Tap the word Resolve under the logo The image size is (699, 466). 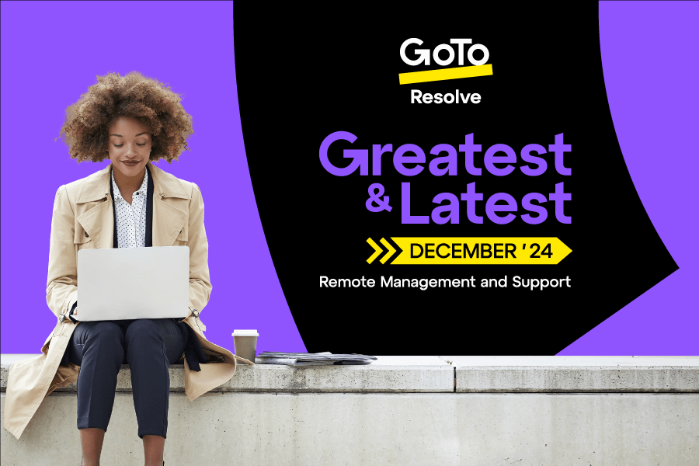(x=445, y=98)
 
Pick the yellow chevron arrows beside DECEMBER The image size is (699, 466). (x=381, y=251)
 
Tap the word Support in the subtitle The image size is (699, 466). (x=541, y=282)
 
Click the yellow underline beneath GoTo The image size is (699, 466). (x=445, y=74)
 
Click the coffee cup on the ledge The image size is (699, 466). (x=245, y=346)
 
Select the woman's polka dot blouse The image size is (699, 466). (x=129, y=210)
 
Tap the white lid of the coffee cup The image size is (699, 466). (x=245, y=333)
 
